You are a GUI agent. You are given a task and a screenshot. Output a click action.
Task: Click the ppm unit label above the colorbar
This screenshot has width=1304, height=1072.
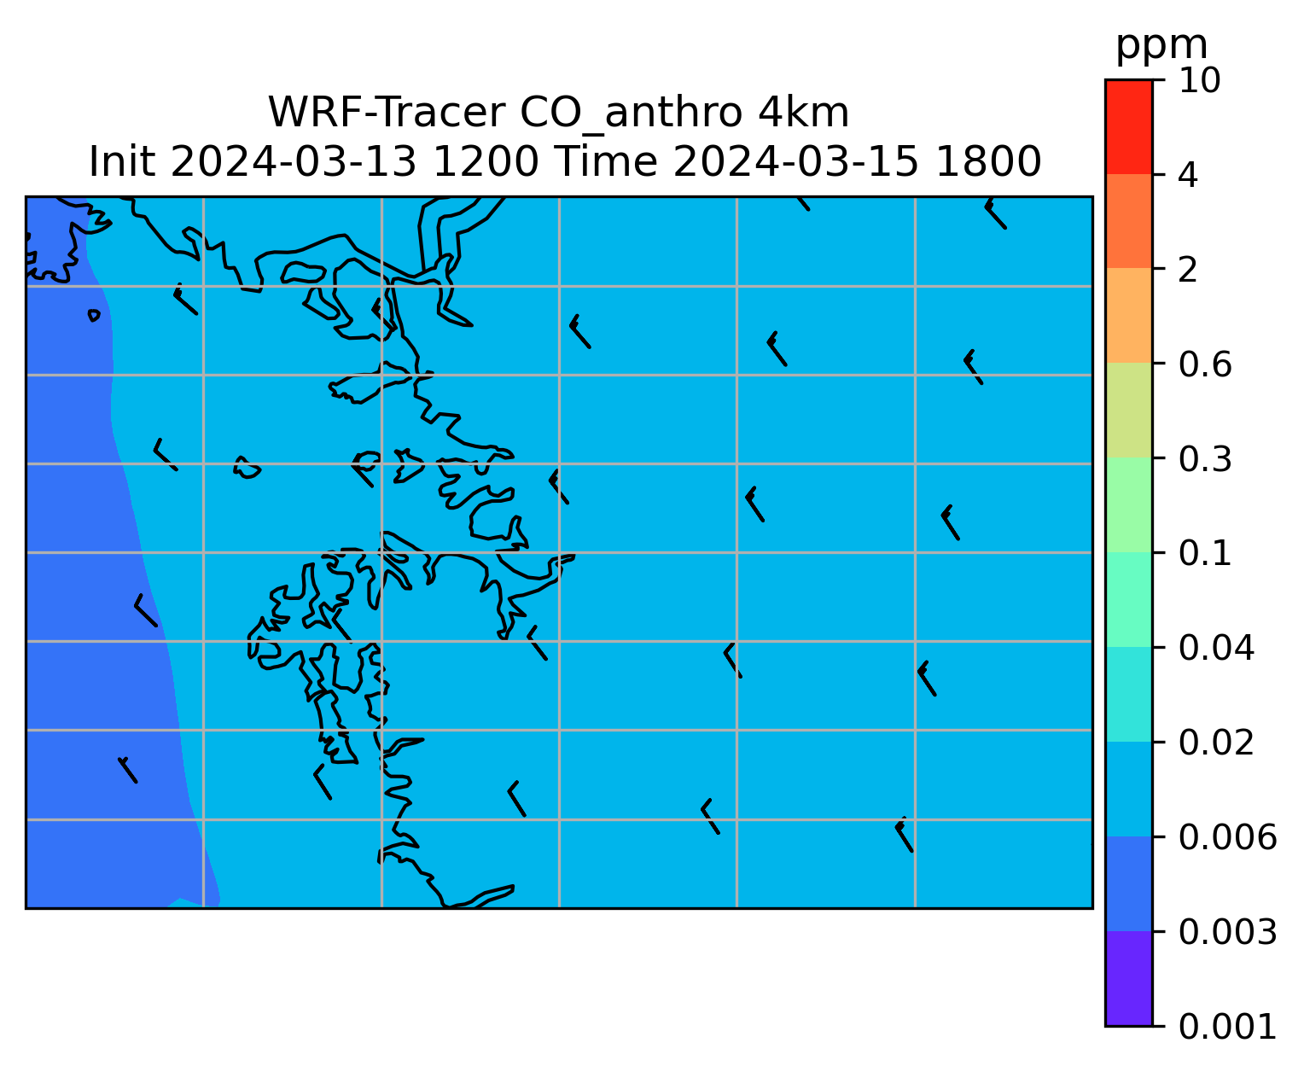[x=1161, y=47]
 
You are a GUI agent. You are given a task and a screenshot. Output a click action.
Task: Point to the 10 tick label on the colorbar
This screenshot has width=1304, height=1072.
[x=1200, y=80]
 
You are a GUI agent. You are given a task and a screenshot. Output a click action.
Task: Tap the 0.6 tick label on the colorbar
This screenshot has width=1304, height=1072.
[x=1205, y=364]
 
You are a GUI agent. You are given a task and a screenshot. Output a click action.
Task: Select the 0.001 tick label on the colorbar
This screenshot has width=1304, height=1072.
[x=1227, y=1027]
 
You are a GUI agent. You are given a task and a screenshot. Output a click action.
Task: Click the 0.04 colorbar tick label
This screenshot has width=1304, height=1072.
[x=1216, y=648]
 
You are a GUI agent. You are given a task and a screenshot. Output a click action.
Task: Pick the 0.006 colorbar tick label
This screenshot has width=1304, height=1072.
[x=1227, y=837]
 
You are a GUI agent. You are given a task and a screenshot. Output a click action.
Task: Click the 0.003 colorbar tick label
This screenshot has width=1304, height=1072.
[x=1227, y=932]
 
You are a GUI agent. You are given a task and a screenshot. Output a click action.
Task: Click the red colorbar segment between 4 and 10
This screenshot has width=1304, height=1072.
[x=1129, y=126]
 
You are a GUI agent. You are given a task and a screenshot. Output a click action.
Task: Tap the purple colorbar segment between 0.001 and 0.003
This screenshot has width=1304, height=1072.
[x=1129, y=979]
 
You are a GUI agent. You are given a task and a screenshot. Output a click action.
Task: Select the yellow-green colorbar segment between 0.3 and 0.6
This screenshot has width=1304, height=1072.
[x=1129, y=411]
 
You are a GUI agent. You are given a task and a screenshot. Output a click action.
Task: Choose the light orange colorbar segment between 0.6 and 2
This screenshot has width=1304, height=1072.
[x=1129, y=315]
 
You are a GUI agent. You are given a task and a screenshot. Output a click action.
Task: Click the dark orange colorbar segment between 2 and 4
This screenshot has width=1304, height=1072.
[x=1129, y=221]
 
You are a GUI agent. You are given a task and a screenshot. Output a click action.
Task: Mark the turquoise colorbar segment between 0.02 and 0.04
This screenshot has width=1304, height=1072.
[x=1129, y=694]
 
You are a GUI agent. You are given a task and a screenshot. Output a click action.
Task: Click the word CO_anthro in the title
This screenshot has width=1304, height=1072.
[x=631, y=114]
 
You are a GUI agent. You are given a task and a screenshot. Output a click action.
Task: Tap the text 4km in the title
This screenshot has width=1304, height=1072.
[x=803, y=113]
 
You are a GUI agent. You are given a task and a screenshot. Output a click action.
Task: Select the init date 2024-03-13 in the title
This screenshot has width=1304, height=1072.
[x=294, y=162]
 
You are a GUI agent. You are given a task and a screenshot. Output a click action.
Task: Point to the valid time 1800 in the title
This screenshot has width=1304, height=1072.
[x=988, y=162]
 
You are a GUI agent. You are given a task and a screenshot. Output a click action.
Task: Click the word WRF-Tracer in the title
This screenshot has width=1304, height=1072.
[x=387, y=113]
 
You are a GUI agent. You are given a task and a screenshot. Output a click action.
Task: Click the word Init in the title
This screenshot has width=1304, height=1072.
[x=122, y=162]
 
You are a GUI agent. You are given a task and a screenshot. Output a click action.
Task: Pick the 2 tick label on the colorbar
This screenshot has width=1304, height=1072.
[x=1189, y=270]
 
